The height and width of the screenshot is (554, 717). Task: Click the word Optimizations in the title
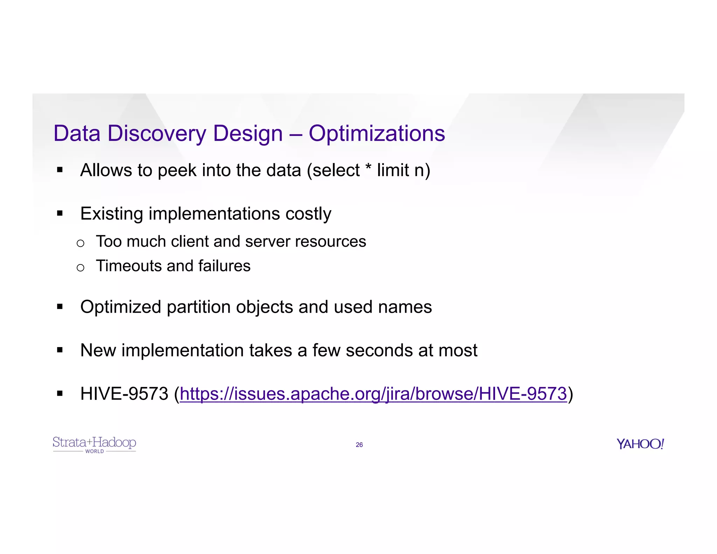(x=377, y=134)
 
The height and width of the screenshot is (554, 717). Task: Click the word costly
(x=308, y=214)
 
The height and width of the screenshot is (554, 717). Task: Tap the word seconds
(x=379, y=351)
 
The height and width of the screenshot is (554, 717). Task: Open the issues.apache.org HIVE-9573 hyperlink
(x=373, y=394)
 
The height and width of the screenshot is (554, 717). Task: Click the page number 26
(x=359, y=445)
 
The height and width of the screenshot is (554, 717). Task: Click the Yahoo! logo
(x=640, y=444)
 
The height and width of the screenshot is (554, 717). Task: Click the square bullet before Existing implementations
(x=60, y=213)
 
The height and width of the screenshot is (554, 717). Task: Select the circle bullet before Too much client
(x=81, y=243)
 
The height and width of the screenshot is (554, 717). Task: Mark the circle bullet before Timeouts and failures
(x=81, y=268)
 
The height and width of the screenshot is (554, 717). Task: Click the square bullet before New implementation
(x=60, y=350)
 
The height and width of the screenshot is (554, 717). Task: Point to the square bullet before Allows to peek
(x=60, y=170)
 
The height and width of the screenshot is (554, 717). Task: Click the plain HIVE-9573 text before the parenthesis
(x=124, y=394)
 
